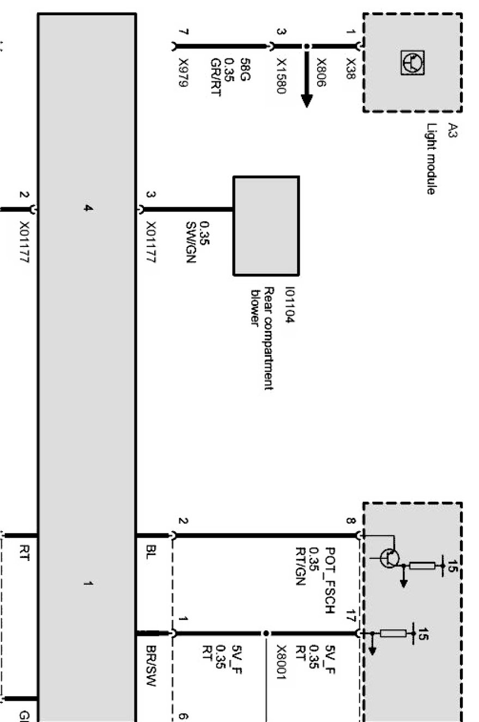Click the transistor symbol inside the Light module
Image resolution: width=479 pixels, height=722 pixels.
[413, 63]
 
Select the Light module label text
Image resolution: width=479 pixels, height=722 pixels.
[431, 158]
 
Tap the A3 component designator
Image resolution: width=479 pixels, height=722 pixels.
[452, 131]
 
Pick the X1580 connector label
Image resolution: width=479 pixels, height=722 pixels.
[281, 76]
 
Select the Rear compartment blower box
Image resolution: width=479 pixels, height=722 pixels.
[266, 226]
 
